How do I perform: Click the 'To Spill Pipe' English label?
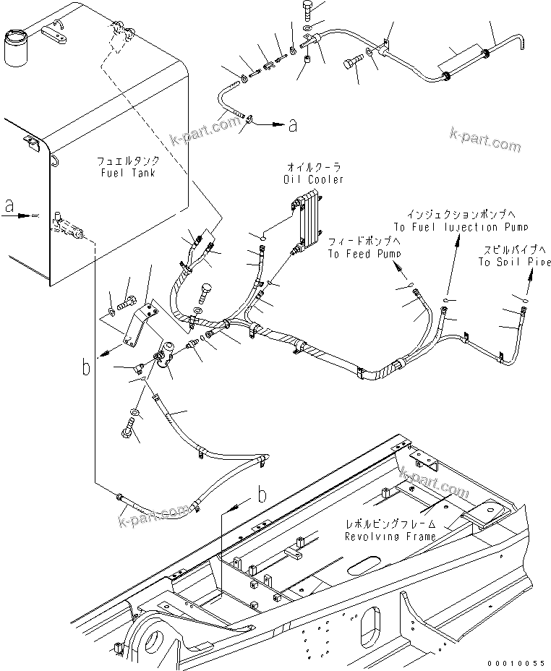[x=514, y=262]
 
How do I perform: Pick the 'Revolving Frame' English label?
[x=390, y=537]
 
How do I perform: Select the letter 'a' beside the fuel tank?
[x=9, y=205]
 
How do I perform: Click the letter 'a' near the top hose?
[x=292, y=125]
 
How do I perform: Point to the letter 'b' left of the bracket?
[x=85, y=368]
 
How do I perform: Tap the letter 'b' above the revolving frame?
[x=263, y=495]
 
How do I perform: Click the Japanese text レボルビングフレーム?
[x=390, y=523]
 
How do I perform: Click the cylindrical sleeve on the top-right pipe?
[x=464, y=63]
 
